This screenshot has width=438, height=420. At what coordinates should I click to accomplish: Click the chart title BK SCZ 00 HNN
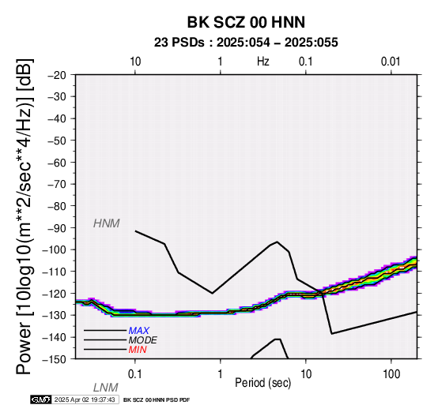click(x=246, y=22)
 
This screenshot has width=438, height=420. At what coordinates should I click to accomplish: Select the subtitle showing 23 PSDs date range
click(x=246, y=43)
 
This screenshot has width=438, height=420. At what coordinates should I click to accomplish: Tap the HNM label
click(x=107, y=223)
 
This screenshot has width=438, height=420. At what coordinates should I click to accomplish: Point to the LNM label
click(x=106, y=388)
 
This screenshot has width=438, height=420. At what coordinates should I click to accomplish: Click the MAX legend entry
click(x=138, y=331)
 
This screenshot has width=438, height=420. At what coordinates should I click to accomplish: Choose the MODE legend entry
click(x=143, y=340)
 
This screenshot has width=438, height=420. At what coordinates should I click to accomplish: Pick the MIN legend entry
click(x=138, y=350)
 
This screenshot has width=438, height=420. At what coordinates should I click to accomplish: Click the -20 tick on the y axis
click(x=57, y=75)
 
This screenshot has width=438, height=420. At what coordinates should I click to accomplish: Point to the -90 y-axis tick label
click(x=57, y=228)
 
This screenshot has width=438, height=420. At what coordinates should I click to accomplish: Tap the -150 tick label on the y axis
click(x=55, y=359)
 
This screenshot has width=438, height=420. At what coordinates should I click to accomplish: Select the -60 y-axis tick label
click(x=57, y=163)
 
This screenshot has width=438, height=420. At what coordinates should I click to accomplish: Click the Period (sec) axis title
click(x=262, y=383)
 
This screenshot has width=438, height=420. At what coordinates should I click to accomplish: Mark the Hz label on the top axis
click(x=262, y=62)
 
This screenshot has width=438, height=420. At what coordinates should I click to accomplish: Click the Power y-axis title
click(x=25, y=216)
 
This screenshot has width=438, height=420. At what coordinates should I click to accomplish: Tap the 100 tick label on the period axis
click(x=391, y=374)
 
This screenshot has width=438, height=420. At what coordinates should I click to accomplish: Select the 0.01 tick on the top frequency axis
click(x=391, y=62)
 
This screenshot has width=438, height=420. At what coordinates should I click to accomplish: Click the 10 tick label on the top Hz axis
click(x=135, y=62)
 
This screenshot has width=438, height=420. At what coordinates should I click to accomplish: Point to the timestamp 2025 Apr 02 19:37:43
click(x=85, y=400)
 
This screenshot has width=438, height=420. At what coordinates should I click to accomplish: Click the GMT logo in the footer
click(x=41, y=399)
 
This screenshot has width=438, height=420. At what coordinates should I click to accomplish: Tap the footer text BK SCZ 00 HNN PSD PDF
click(x=157, y=400)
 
